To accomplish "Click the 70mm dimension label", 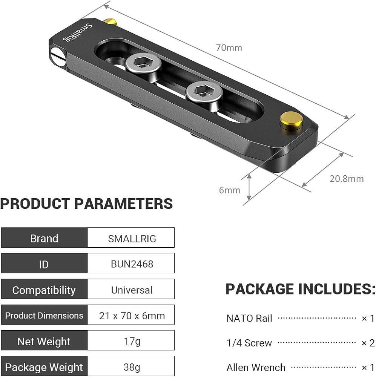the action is click(x=229, y=48).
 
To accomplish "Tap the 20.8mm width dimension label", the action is click(x=347, y=179).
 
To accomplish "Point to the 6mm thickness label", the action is click(x=230, y=190).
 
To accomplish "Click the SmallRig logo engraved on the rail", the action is click(x=77, y=32).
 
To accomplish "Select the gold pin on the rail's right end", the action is click(x=291, y=121).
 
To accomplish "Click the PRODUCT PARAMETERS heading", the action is click(x=87, y=204).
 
